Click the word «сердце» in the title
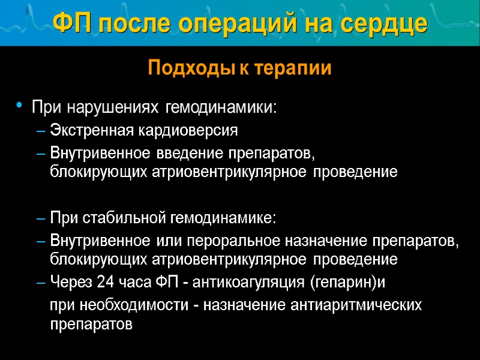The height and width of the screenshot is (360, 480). pyautogui.click(x=385, y=23)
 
